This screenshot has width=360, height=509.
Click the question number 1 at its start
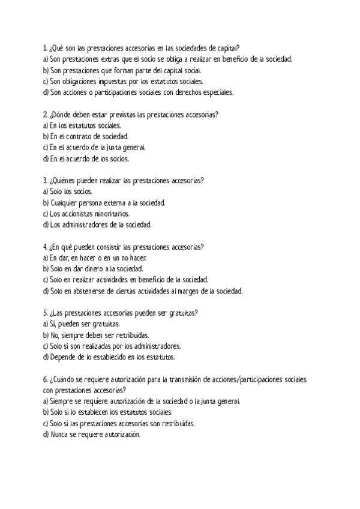46,47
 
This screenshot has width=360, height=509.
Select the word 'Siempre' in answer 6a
61,401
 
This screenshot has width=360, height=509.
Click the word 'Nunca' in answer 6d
59,434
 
